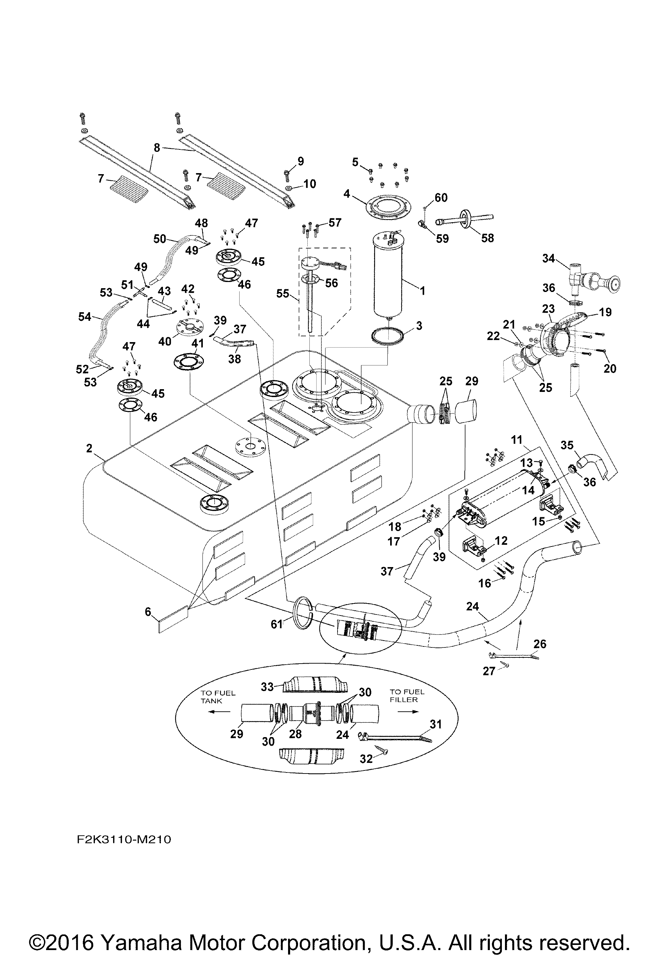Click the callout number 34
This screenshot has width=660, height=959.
click(548, 258)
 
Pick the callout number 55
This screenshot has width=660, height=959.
click(283, 293)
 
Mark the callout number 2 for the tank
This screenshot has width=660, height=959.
click(89, 448)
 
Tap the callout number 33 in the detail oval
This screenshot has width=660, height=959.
click(267, 686)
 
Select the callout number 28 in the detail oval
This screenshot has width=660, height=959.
click(295, 734)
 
